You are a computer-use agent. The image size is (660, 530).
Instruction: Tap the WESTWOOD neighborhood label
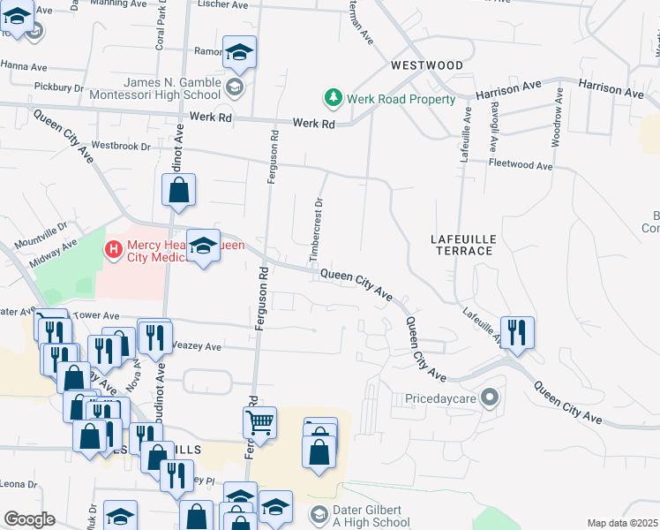[428, 65]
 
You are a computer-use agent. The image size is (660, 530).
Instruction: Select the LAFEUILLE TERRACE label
[461, 245]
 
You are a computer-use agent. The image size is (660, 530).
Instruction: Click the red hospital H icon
[113, 250]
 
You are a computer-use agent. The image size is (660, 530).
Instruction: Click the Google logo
[29, 519]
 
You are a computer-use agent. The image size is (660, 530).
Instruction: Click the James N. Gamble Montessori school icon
[234, 87]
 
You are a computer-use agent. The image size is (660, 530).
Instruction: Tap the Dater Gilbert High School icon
[319, 513]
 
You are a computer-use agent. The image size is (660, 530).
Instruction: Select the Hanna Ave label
[23, 66]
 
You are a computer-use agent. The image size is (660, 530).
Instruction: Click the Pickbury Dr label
[58, 87]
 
